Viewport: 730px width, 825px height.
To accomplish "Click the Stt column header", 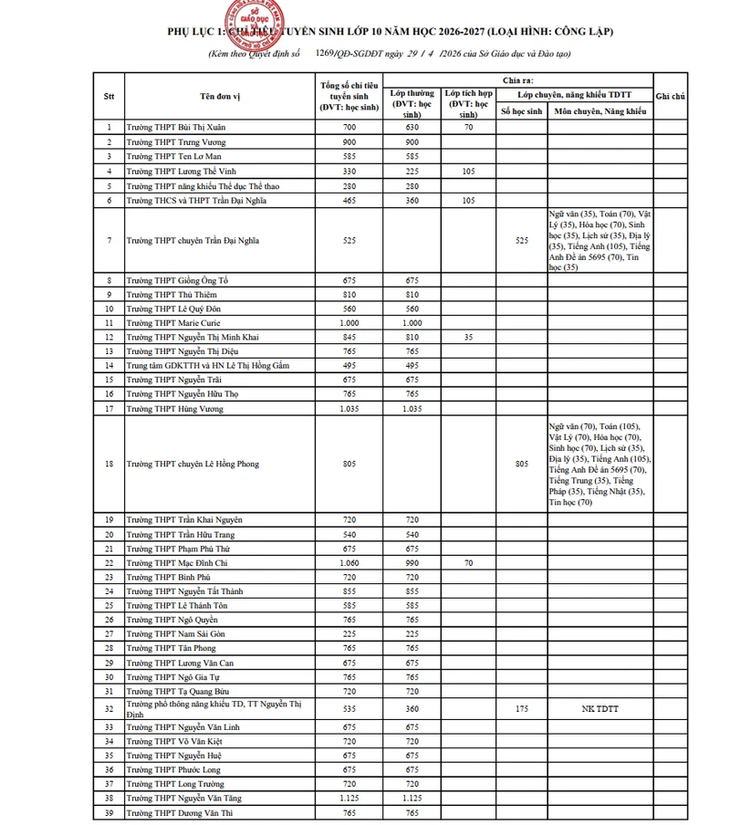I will (109, 96).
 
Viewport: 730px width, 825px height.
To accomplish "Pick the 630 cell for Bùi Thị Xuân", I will (412, 128).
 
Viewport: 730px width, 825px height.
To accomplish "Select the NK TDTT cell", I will (600, 707).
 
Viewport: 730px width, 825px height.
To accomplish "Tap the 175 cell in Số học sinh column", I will (521, 707).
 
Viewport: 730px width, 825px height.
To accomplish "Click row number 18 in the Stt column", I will (109, 464).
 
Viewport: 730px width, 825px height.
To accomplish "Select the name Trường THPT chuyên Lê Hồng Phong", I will (192, 464).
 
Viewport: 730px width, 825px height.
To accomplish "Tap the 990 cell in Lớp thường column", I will (412, 563).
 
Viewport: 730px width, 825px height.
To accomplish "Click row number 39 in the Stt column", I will (109, 812).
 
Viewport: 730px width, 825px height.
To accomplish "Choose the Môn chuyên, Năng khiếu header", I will (600, 111).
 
